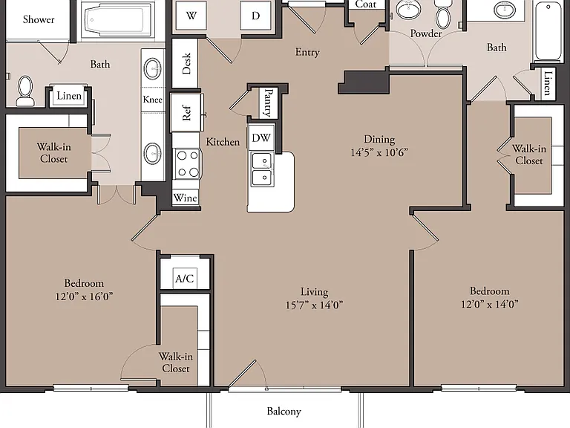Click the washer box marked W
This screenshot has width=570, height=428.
coord(191,16)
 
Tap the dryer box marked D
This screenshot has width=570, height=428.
coord(255,16)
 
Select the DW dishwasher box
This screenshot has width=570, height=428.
coord(261,137)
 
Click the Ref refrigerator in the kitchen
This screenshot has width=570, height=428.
coord(186,112)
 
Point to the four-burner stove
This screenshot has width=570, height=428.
coord(187,163)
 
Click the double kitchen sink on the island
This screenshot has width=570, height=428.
coord(263,169)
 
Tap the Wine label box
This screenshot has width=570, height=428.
coord(186,198)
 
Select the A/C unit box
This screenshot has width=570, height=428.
coord(185,279)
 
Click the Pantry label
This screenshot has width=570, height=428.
coord(269,103)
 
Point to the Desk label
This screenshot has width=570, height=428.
coord(186,63)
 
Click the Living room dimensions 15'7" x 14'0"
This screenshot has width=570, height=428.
coord(315,304)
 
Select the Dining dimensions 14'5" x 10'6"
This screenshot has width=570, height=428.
coord(379,152)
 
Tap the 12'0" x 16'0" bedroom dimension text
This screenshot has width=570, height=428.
coord(84,296)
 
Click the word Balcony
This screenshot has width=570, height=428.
coord(284,411)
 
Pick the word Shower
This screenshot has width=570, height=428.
coord(39,19)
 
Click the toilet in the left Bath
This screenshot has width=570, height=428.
coord(25,91)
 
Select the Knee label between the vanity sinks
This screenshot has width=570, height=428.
coord(153,100)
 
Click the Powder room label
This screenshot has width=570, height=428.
coord(426,33)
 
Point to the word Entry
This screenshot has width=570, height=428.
coord(307,53)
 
